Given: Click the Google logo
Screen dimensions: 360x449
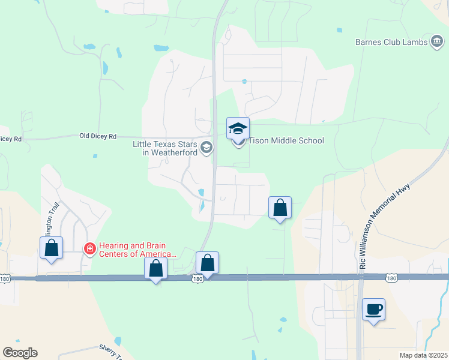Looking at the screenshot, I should tap(20, 353).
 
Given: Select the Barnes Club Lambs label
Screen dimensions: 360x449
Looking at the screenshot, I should tap(391, 42).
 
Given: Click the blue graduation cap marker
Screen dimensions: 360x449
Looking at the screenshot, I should tap(238, 128).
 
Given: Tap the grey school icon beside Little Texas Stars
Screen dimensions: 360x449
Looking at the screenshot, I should tap(206, 148).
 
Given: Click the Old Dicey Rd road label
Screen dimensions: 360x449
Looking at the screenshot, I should tap(98, 136).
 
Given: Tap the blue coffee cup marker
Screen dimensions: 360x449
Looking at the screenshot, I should tap(373, 310).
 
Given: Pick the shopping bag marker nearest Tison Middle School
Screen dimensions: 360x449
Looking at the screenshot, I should tap(280, 208).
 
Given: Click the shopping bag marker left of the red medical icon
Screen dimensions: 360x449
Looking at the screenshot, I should tap(51, 248).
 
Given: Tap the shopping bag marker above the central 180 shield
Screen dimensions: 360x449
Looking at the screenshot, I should tap(207, 263).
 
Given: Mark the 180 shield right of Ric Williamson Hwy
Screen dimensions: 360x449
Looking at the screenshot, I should tap(391, 278).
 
